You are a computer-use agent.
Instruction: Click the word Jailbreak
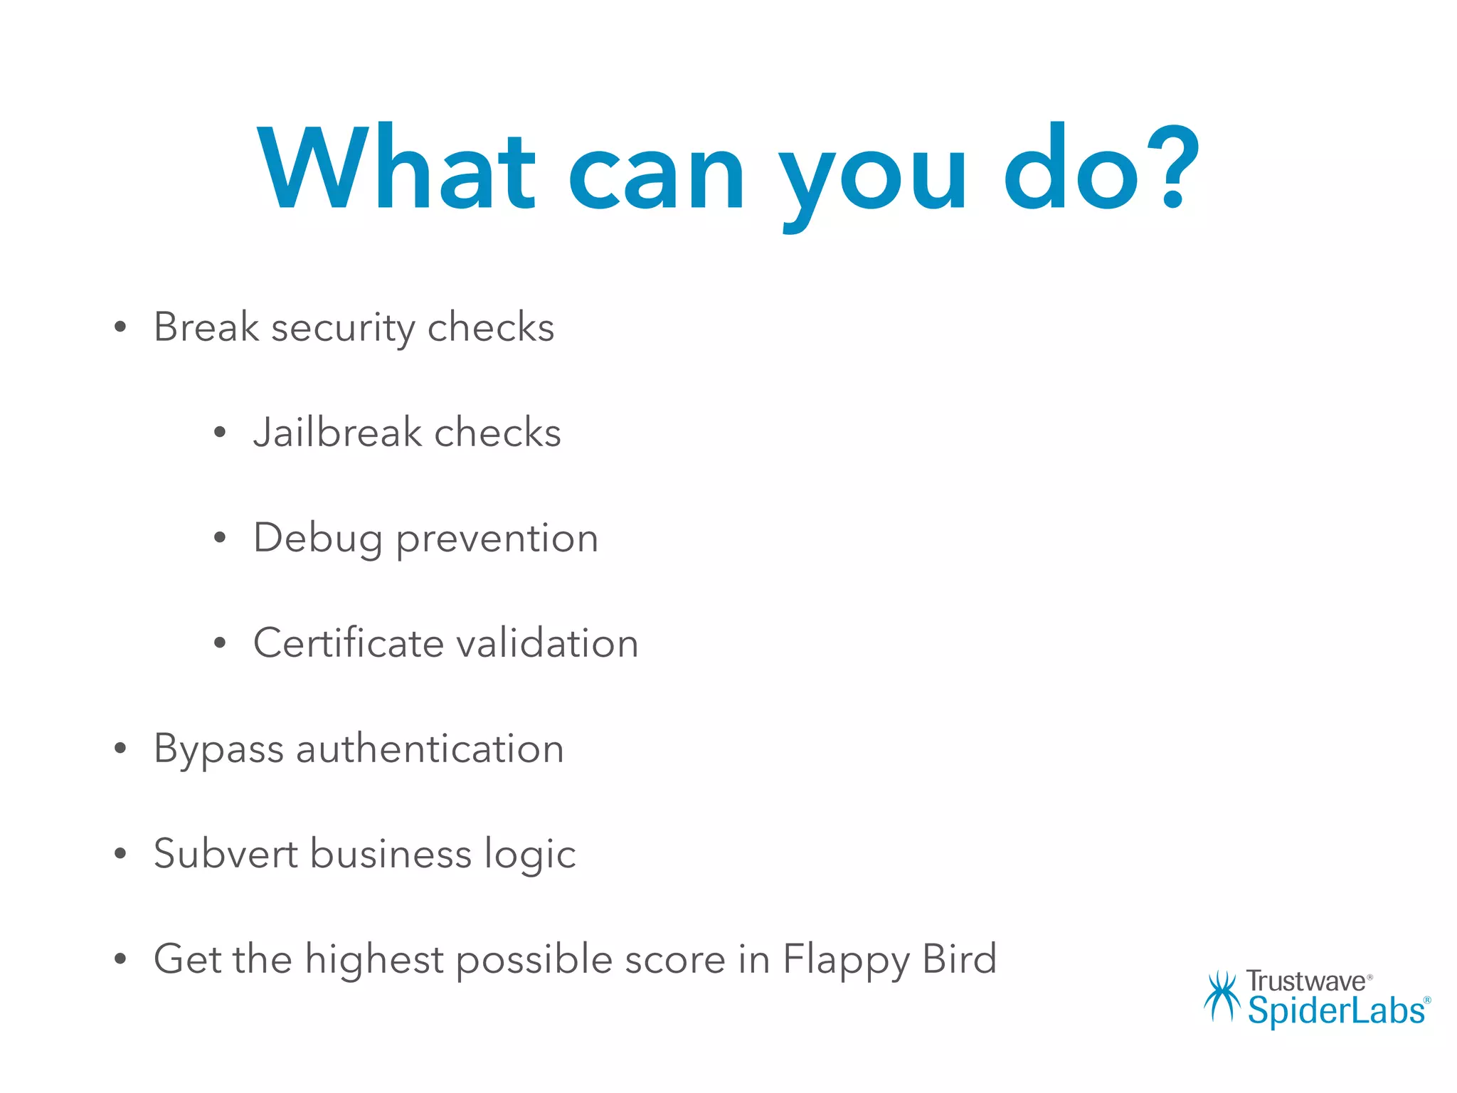click(337, 433)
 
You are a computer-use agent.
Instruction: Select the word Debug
click(318, 539)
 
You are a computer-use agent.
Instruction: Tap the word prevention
click(497, 539)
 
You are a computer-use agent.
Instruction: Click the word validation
click(547, 643)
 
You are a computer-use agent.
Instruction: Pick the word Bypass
click(218, 749)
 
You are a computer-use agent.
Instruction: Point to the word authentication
click(430, 749)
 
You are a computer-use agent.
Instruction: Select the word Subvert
click(226, 853)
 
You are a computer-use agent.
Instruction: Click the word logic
click(530, 855)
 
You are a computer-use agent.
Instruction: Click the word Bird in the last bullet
click(959, 959)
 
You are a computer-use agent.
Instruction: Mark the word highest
click(374, 959)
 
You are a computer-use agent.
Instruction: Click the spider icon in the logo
click(1222, 996)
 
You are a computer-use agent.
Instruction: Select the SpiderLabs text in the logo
click(1336, 1010)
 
